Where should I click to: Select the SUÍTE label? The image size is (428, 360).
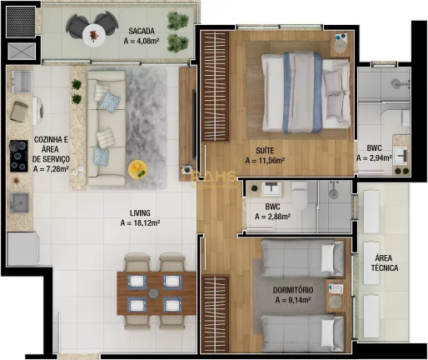point(265,150)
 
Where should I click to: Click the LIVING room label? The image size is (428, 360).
point(140,212)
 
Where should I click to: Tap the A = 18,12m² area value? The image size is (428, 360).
point(140,223)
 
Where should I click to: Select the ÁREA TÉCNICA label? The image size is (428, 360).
point(385,262)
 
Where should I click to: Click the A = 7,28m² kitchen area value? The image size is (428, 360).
point(52,168)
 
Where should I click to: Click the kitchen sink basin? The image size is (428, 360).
point(18,202)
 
